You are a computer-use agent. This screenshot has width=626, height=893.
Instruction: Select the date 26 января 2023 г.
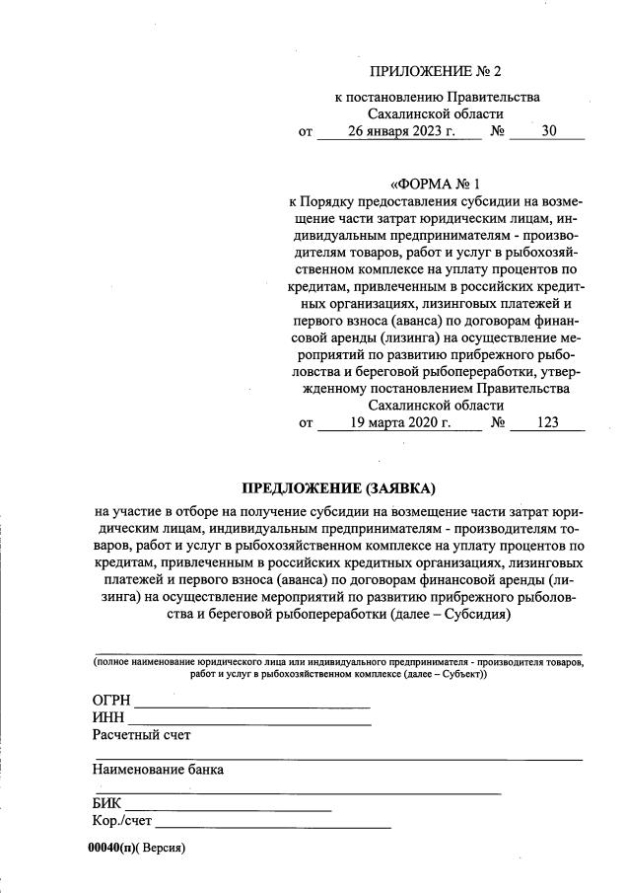pyautogui.click(x=400, y=132)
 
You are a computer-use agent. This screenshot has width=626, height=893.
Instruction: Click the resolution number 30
pyautogui.click(x=549, y=132)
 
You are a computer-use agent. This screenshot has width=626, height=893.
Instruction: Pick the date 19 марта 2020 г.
pyautogui.click(x=400, y=423)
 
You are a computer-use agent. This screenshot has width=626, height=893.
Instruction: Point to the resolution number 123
pyautogui.click(x=548, y=423)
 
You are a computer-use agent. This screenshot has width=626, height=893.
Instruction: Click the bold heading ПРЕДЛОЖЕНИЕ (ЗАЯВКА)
pyautogui.click(x=338, y=488)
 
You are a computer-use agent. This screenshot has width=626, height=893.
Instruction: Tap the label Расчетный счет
pyautogui.click(x=141, y=735)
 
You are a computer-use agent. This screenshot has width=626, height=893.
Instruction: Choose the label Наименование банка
pyautogui.click(x=159, y=769)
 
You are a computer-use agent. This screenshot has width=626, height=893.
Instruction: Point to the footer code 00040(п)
pyautogui.click(x=110, y=848)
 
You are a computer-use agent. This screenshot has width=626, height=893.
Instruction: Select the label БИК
pyautogui.click(x=106, y=804)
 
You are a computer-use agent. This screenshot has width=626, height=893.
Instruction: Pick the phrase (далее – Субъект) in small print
pyautogui.click(x=443, y=675)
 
